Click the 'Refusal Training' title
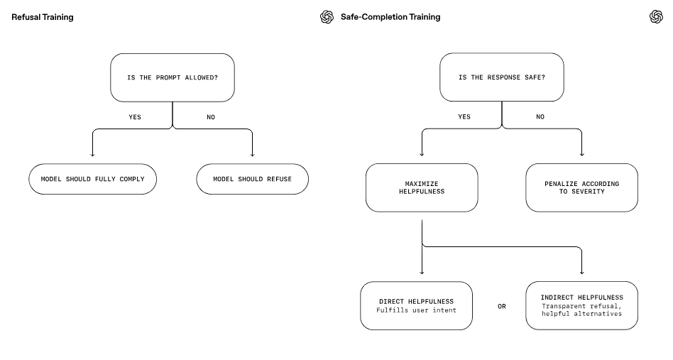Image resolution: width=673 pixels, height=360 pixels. click(43, 17)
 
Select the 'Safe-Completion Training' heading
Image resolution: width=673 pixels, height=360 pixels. click(390, 17)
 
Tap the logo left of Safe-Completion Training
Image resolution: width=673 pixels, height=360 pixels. click(327, 17)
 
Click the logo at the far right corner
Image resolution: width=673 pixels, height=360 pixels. click(656, 17)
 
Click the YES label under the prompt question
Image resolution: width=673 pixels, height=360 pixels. click(135, 117)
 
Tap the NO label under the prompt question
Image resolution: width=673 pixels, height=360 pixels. click(211, 117)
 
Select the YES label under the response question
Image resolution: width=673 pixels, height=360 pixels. click(464, 116)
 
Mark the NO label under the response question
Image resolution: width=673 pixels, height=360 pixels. click(540, 116)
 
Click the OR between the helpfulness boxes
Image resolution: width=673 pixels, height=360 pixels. click(502, 306)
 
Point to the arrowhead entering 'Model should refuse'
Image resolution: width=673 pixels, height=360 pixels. click(253, 155)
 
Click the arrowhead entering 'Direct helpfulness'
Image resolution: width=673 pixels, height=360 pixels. click(422, 272)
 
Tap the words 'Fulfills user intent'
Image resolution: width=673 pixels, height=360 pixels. click(416, 310)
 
